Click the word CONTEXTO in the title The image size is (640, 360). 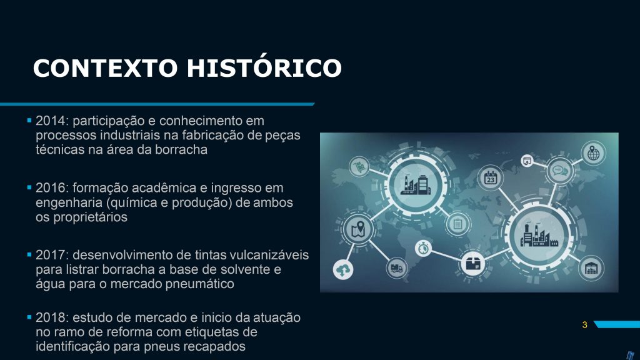pyautogui.click(x=105, y=67)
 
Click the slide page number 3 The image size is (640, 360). pyautogui.click(x=584, y=325)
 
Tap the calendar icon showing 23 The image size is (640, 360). pyautogui.click(x=490, y=178)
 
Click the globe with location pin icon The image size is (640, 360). pyautogui.click(x=593, y=154)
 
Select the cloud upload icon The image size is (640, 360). pyautogui.click(x=343, y=269)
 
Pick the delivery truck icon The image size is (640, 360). pyautogui.click(x=396, y=268)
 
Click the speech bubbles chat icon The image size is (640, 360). pyautogui.click(x=559, y=171)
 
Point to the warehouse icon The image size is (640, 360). pyautogui.click(x=591, y=268)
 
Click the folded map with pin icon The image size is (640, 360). pyautogui.click(x=358, y=229)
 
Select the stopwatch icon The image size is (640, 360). pyautogui.click(x=423, y=247)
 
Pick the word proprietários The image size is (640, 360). pyautogui.click(x=90, y=217)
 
